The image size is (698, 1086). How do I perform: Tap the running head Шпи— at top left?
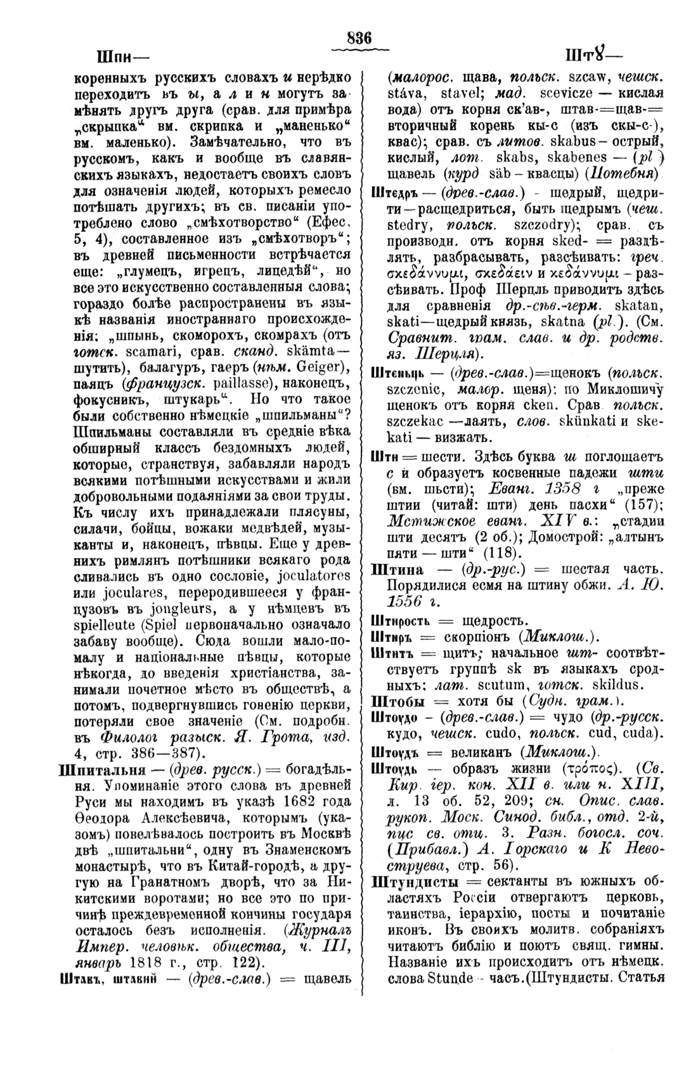122,56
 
